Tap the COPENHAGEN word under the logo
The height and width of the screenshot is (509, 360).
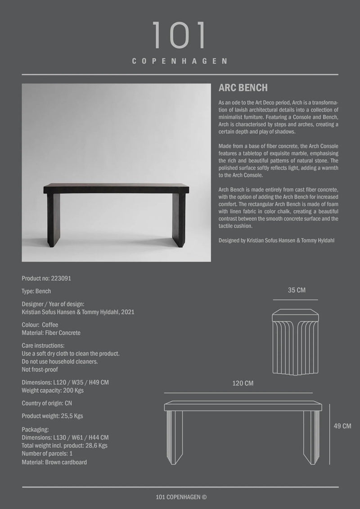tap(180, 61)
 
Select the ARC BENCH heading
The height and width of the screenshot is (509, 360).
tap(243, 88)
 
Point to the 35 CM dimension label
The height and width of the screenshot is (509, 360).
tap(297, 290)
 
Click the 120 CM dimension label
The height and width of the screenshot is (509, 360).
tap(243, 383)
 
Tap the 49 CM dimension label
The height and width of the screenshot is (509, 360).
tap(342, 426)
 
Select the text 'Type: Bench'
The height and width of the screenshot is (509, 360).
tap(36, 291)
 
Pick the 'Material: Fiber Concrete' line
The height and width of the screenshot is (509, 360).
tap(51, 333)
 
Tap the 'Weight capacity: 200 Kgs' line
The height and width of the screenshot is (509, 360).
tap(53, 391)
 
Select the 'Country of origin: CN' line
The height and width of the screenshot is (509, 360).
tap(47, 403)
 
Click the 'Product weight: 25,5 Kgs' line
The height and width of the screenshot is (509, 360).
tap(52, 416)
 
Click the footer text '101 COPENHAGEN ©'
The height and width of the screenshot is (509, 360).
tap(180, 497)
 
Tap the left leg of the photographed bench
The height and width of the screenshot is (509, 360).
tap(53, 220)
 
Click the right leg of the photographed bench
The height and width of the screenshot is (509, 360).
tap(178, 220)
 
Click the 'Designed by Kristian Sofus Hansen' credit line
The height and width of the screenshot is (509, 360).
tap(276, 241)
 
